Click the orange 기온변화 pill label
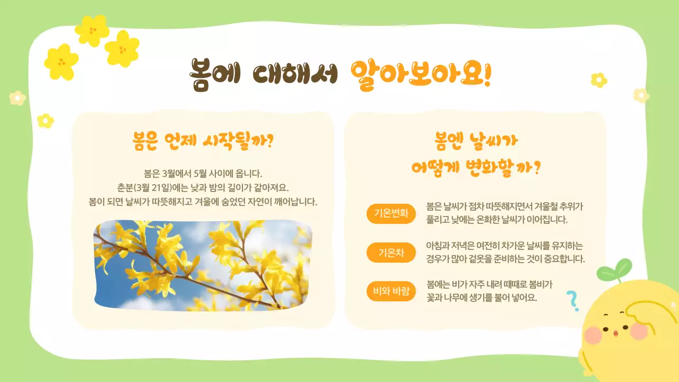(391, 214)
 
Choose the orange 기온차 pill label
(391, 253)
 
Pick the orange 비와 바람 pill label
(391, 291)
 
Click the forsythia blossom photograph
(203, 265)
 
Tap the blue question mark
(572, 300)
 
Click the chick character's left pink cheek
(593, 335)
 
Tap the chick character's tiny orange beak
(615, 333)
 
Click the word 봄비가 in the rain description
(541, 284)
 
